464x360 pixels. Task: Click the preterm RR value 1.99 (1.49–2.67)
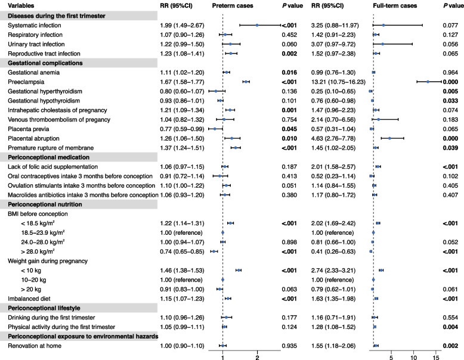coord(177,26)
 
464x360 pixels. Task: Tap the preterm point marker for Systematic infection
coord(256,26)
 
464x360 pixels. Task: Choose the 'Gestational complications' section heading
coord(45,63)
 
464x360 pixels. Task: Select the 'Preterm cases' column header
coord(233,5)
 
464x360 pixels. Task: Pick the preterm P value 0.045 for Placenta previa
coord(290,128)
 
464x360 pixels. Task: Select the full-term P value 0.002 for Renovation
coord(450,345)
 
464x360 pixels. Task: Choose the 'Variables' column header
coord(17,5)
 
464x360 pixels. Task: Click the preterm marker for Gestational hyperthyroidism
coord(216,91)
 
